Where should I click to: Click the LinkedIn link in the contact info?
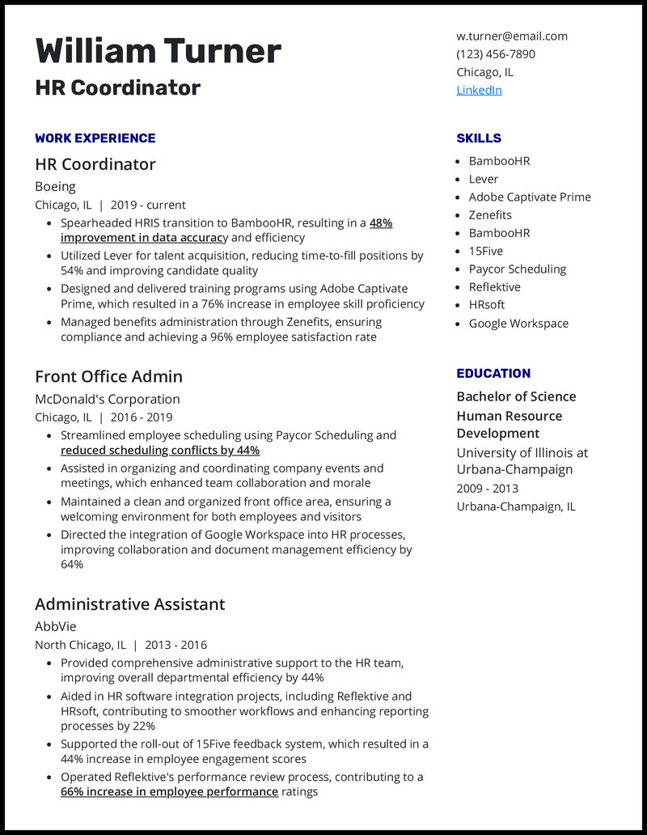pos(479,90)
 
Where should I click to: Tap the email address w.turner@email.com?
pos(512,36)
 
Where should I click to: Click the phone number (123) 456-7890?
pos(496,54)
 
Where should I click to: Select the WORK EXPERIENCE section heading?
pos(95,138)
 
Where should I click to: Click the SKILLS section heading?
pos(479,138)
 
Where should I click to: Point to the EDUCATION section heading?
pos(493,374)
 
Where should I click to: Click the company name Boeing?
pos(55,186)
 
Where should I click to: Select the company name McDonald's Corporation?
pos(107,399)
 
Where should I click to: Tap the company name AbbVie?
pos(55,626)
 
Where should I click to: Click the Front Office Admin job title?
pos(108,376)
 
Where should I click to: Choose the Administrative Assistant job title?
pos(129,604)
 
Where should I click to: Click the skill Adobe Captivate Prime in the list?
pos(530,197)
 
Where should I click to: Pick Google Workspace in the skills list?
pos(518,323)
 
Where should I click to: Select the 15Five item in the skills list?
pos(485,251)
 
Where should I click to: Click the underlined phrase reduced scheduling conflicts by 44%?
pos(160,451)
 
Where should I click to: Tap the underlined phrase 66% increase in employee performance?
pos(169,792)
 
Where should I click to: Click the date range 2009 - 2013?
pos(487,489)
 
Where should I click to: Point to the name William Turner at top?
pos(159,51)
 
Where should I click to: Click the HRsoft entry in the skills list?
pos(487,305)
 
